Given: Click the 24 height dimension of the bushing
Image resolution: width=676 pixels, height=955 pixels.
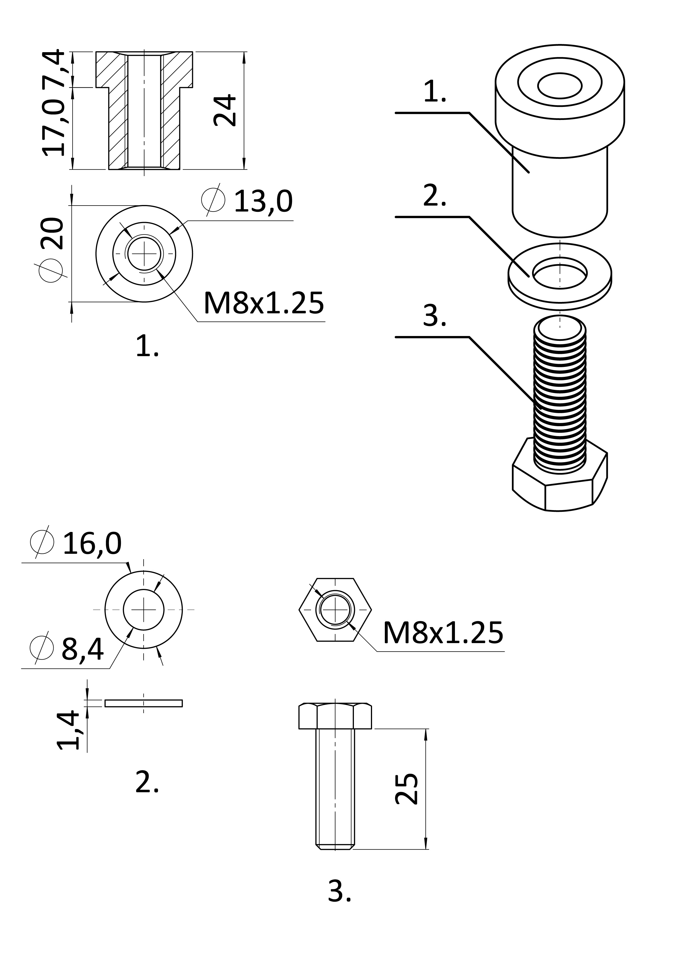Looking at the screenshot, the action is [225, 111].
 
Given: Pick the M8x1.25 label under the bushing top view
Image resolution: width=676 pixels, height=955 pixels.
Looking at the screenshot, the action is [263, 303].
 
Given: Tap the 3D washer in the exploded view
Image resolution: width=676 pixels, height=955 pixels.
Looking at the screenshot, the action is [560, 276].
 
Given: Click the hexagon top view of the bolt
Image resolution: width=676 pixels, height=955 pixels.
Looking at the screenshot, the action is [335, 610].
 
